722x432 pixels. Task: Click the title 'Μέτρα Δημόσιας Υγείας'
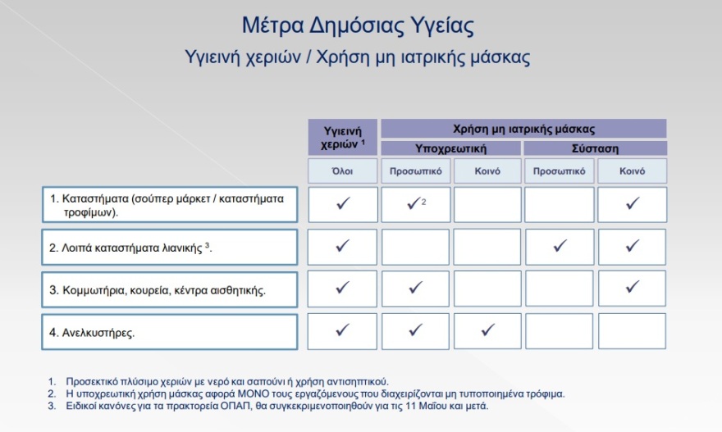(359, 25)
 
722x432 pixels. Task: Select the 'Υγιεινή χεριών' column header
(343, 136)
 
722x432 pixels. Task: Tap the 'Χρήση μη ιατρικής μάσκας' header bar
(523, 129)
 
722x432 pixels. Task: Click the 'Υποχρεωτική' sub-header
(450, 148)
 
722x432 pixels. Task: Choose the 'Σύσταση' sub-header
(595, 148)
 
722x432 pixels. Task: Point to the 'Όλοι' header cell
(343, 171)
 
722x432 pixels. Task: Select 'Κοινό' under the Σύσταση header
(632, 171)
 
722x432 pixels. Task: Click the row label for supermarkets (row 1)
(168, 205)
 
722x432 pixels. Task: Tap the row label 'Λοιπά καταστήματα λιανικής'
(168, 247)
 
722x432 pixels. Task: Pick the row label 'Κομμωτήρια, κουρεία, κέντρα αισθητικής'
(168, 289)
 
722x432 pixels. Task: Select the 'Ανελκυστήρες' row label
(168, 332)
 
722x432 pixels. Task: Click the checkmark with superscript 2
(414, 204)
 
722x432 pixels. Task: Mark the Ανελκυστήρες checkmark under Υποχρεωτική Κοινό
(488, 330)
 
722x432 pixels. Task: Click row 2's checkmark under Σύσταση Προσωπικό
(560, 245)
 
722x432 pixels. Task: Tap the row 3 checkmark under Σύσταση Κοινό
(632, 287)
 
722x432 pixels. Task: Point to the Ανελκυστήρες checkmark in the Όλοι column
(343, 330)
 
